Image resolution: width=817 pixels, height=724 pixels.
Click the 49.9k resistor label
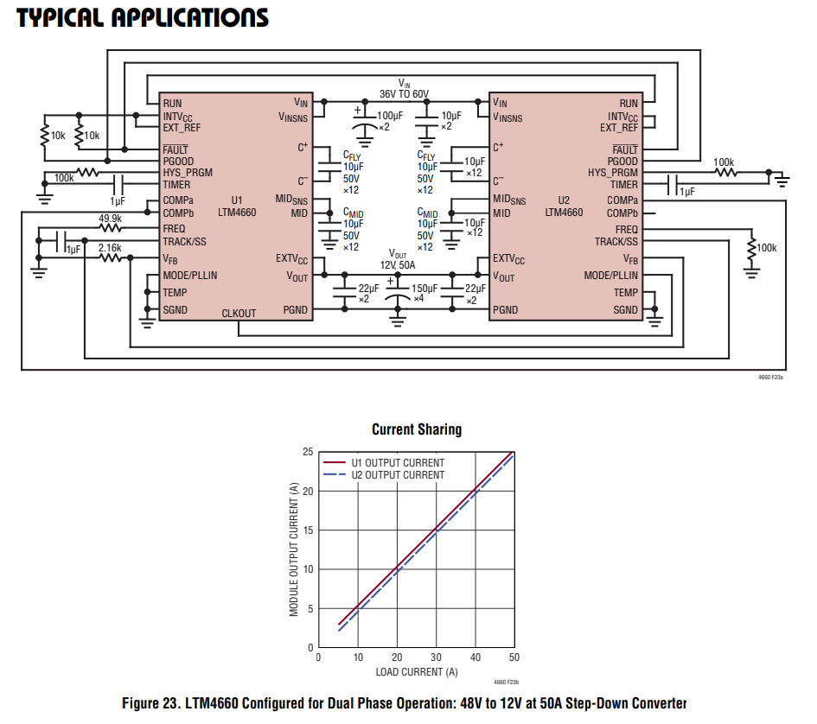tap(110, 219)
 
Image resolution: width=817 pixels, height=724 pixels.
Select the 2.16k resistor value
tap(110, 248)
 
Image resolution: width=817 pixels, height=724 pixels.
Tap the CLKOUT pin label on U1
tap(239, 313)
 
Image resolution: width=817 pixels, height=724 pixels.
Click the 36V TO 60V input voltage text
tap(404, 93)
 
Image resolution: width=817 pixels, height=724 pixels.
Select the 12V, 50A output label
tap(398, 265)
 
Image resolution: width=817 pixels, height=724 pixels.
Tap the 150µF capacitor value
tap(424, 288)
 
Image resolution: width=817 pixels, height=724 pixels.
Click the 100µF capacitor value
tap(390, 115)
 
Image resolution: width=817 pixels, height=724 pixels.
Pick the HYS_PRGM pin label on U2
tap(613, 173)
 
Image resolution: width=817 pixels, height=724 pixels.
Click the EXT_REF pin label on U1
tap(182, 128)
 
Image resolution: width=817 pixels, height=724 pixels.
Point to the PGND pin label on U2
tap(506, 309)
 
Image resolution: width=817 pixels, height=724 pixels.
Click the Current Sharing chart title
tap(417, 429)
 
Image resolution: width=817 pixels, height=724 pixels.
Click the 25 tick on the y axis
tap(308, 452)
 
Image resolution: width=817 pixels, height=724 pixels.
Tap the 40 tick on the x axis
tap(475, 658)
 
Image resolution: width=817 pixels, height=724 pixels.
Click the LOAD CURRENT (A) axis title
tap(417, 672)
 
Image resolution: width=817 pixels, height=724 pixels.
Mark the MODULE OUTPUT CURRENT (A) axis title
tap(294, 549)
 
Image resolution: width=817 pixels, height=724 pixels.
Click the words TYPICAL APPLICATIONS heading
tap(143, 18)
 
